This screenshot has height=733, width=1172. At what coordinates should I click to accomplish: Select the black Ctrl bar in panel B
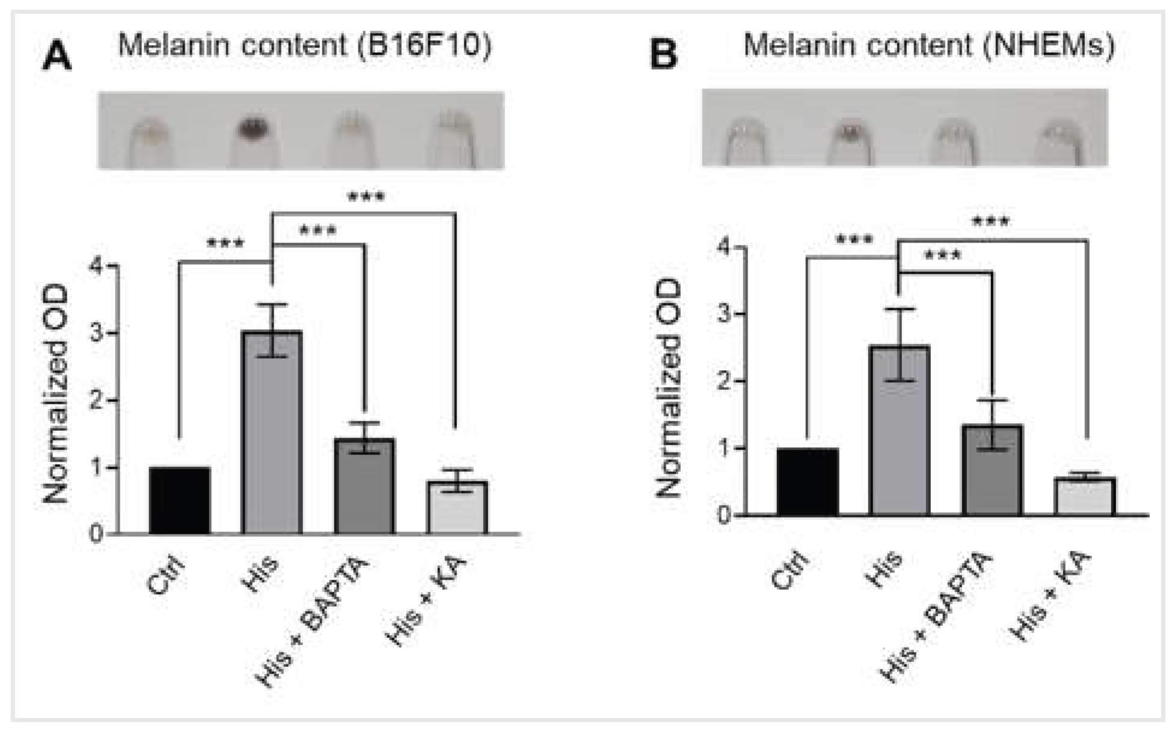point(807,482)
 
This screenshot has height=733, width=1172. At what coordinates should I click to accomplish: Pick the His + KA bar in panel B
point(1085,496)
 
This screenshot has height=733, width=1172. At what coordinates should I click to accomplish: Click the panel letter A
point(57,57)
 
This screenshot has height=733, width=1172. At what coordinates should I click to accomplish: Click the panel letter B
point(664,55)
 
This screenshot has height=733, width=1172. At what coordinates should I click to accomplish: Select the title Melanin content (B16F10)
point(305,46)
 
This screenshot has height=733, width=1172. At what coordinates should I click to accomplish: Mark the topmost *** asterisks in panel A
point(366,197)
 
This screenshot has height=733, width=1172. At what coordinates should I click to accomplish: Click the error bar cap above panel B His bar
point(900,309)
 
